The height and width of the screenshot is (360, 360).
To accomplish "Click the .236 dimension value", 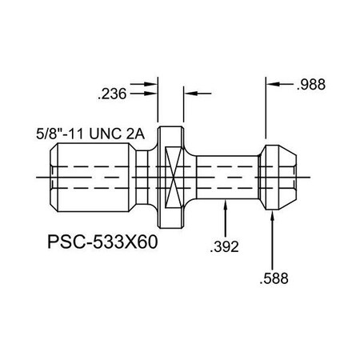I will coord(111,94).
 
